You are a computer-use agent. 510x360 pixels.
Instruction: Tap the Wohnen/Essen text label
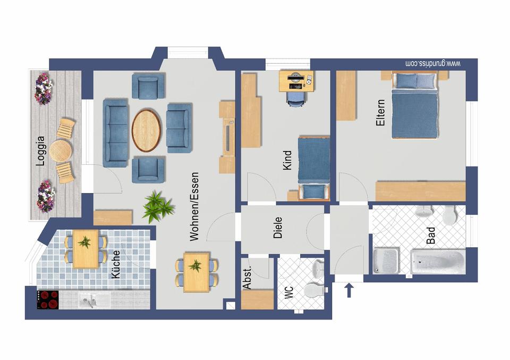[194, 206]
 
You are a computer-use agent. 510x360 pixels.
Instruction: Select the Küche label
[116, 265]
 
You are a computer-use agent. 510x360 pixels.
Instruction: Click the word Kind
[287, 160]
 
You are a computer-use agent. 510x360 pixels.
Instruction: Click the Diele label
[278, 227]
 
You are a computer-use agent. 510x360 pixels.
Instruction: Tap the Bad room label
[431, 236]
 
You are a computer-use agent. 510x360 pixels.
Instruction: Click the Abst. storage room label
[247, 277]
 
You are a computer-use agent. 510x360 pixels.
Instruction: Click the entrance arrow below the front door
[350, 291]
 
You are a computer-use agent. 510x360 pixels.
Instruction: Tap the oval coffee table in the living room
[146, 129]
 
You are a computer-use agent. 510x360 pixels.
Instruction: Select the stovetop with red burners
[48, 299]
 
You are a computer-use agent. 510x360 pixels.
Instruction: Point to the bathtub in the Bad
[437, 262]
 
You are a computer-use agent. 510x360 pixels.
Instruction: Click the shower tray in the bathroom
[387, 261]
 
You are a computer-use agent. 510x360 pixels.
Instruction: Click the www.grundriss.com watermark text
[432, 64]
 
